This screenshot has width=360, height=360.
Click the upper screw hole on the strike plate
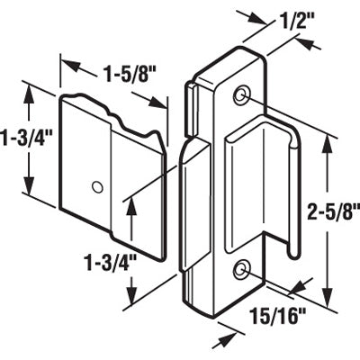tap(241, 95)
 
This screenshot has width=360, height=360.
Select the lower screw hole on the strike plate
tap(241, 269)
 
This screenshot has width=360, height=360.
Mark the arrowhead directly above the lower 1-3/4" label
tap(132, 204)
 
